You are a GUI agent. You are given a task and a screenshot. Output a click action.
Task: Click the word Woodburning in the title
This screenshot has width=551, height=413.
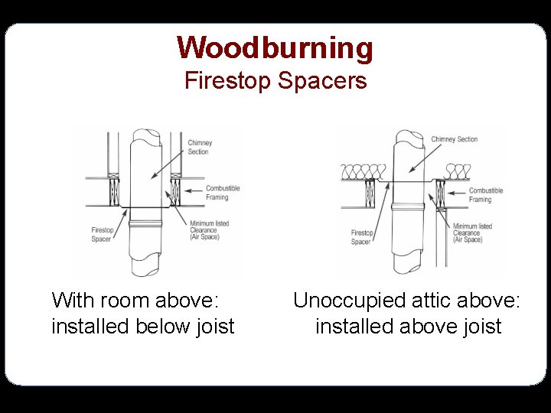[275, 47]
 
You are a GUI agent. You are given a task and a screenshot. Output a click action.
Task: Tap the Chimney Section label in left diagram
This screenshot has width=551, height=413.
[200, 147]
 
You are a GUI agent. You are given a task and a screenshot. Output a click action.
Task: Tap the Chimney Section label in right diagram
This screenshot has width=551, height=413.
[454, 139]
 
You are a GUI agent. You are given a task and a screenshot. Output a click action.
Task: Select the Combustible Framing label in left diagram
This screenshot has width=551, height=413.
[222, 193]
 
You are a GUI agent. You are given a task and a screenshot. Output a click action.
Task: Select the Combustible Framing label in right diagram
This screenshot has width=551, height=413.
[485, 195]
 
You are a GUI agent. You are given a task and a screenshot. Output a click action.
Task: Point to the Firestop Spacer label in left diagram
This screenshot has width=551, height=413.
[103, 234]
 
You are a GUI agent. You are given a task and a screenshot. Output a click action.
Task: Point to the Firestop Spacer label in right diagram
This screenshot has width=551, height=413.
[362, 237]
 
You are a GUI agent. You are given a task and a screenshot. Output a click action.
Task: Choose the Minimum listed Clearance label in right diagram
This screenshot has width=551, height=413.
[472, 233]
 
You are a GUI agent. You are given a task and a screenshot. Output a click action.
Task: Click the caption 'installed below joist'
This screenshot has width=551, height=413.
[142, 327]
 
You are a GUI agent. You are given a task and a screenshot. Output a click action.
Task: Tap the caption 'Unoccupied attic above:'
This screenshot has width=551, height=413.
[406, 300]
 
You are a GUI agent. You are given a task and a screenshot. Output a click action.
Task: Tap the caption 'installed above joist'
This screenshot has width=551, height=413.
[408, 327]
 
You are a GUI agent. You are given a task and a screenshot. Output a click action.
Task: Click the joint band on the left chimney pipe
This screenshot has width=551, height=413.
[145, 223]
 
